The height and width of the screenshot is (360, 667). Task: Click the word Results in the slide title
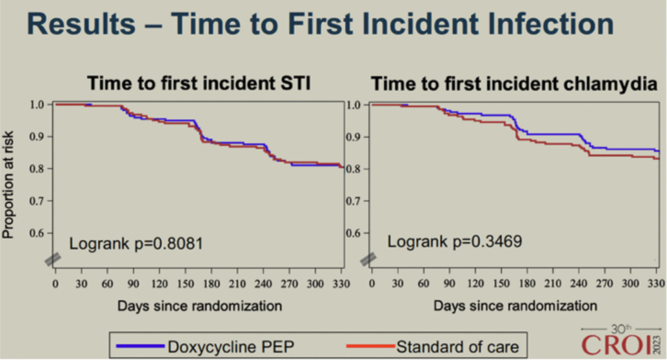click(80, 25)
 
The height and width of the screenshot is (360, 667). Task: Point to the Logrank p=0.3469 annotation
click(455, 241)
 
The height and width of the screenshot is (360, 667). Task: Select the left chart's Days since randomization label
click(199, 305)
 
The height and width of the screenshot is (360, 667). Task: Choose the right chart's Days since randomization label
click(515, 305)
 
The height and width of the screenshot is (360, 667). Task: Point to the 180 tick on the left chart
click(211, 283)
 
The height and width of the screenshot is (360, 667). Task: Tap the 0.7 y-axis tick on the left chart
click(37, 201)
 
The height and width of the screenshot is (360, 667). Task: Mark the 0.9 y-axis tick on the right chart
click(353, 136)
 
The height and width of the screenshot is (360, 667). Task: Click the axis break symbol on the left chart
click(52, 260)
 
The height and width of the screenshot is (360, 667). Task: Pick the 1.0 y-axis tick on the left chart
click(37, 104)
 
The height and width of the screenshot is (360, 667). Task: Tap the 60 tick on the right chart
click(424, 283)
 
